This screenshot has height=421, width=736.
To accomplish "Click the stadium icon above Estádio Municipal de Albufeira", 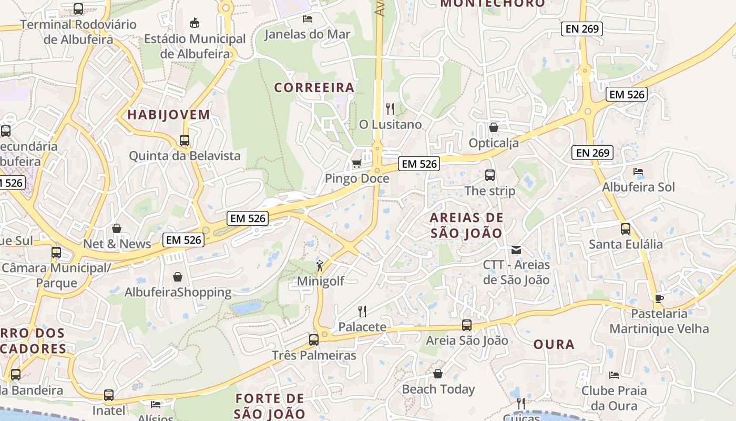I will point(195,23).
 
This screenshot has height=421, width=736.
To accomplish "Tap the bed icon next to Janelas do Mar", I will point(308,19).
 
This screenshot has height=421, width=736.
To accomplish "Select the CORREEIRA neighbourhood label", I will point(314,87).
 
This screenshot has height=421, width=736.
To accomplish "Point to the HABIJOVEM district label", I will point(169,115).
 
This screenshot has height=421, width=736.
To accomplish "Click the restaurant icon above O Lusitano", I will point(390,109).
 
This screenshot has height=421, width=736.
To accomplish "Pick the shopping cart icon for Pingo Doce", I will point(356,164).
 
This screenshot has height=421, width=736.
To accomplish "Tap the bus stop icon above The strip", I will point(490,175).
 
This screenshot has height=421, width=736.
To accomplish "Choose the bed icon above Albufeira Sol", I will point(638,172).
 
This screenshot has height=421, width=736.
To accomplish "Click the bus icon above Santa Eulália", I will point(626,229).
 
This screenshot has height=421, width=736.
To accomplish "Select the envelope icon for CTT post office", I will point(516,249).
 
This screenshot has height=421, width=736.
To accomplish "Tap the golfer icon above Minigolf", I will point(320,266).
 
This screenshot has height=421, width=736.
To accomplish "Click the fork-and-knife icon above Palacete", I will point(362,312).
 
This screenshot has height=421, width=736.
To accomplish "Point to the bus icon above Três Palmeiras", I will point(314,340).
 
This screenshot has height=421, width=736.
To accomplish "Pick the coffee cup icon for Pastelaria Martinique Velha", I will point(659,299).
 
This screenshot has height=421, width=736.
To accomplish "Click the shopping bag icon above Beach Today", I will point(438,374).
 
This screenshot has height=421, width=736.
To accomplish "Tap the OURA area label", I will point(554,345).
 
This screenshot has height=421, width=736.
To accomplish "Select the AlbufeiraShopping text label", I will point(178,293).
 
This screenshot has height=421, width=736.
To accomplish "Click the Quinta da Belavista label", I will point(185,156).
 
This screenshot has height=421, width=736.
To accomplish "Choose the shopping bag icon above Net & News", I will point(117,228).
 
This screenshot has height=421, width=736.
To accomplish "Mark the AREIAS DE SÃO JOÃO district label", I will point(466,225).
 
